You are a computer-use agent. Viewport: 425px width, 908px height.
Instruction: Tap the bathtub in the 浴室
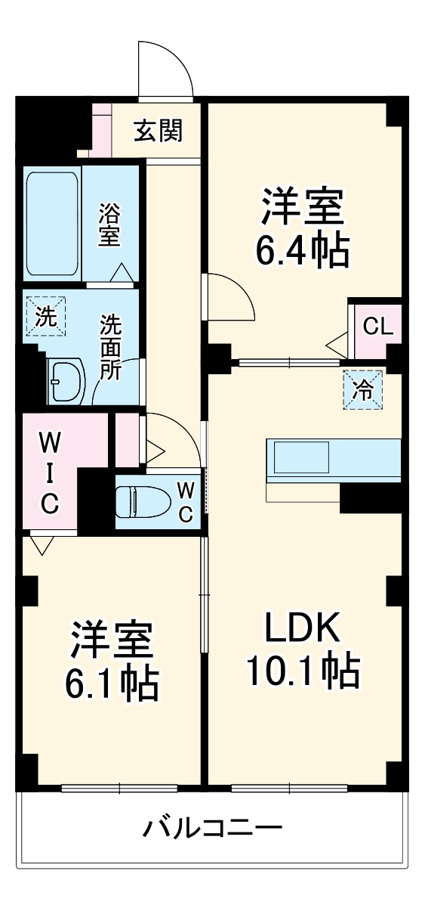(53, 225)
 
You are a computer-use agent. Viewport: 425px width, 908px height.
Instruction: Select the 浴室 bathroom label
(110, 224)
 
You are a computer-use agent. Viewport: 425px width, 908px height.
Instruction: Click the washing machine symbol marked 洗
(46, 317)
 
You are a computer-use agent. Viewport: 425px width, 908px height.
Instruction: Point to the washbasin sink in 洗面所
(66, 382)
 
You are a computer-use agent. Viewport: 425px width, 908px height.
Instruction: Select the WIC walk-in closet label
(48, 473)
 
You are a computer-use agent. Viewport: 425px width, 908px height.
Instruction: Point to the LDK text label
(303, 626)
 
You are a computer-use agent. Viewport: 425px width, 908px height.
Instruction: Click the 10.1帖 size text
(303, 669)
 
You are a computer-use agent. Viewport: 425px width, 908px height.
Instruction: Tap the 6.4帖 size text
(302, 250)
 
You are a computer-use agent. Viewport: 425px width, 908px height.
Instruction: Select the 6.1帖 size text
(112, 683)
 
